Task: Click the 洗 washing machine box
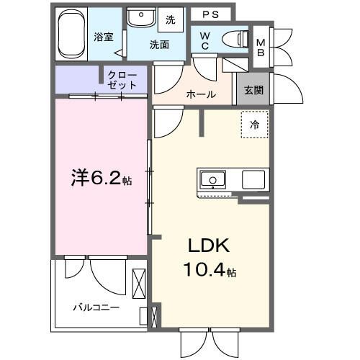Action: tap(171, 19)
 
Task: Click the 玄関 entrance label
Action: tap(253, 90)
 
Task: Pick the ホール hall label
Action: tap(200, 94)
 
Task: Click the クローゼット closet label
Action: tap(123, 79)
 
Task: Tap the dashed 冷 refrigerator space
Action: tap(254, 125)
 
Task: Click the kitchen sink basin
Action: tap(212, 180)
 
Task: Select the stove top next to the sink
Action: tap(253, 179)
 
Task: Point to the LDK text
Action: tap(208, 246)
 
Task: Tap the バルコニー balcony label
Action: tap(96, 308)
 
